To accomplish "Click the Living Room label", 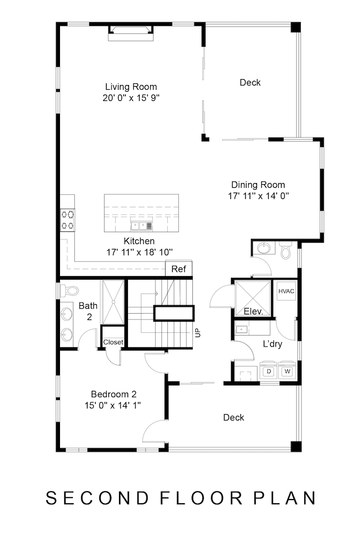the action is point(131,87).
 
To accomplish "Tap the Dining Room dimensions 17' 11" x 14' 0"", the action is point(259,196).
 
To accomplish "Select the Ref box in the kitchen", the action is point(179,269).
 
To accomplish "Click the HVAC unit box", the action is point(286,291).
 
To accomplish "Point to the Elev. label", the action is point(253,311).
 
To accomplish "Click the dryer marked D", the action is point(269,370).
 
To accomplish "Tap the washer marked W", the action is point(287,370).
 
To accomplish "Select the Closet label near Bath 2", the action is point(113,342).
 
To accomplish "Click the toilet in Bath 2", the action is point(70,291).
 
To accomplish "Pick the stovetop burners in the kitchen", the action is point(67,220).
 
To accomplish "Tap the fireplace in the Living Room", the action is point(131,33).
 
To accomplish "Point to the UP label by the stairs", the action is point(198,333).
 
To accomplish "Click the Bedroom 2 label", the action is point(114,394).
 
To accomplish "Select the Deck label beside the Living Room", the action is point(250,83).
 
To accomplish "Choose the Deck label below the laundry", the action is point(234,417).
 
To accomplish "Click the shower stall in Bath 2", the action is point(114,302).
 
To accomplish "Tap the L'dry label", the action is point(272,344).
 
